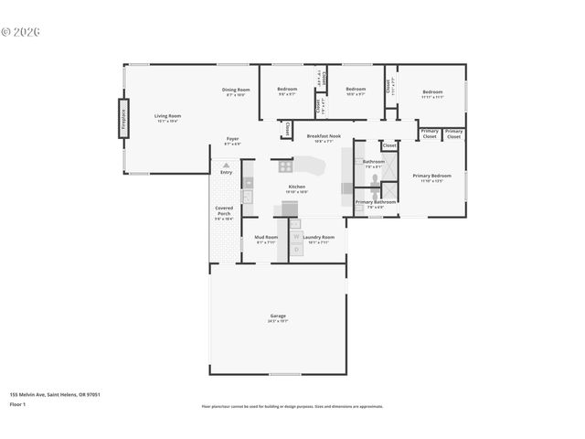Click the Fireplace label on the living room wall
click(121, 123)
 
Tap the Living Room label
click(167, 116)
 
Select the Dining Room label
click(235, 90)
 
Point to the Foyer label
click(233, 139)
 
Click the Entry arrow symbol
click(226, 166)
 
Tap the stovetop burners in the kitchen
click(283, 166)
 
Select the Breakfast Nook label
click(324, 136)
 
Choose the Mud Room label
click(266, 237)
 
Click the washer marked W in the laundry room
click(296, 237)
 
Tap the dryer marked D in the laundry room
click(296, 249)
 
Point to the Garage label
click(278, 316)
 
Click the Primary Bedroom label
click(431, 176)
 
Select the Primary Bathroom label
click(376, 201)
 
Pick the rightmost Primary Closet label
click(454, 134)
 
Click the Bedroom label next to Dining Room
click(287, 90)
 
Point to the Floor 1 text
click(18, 402)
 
